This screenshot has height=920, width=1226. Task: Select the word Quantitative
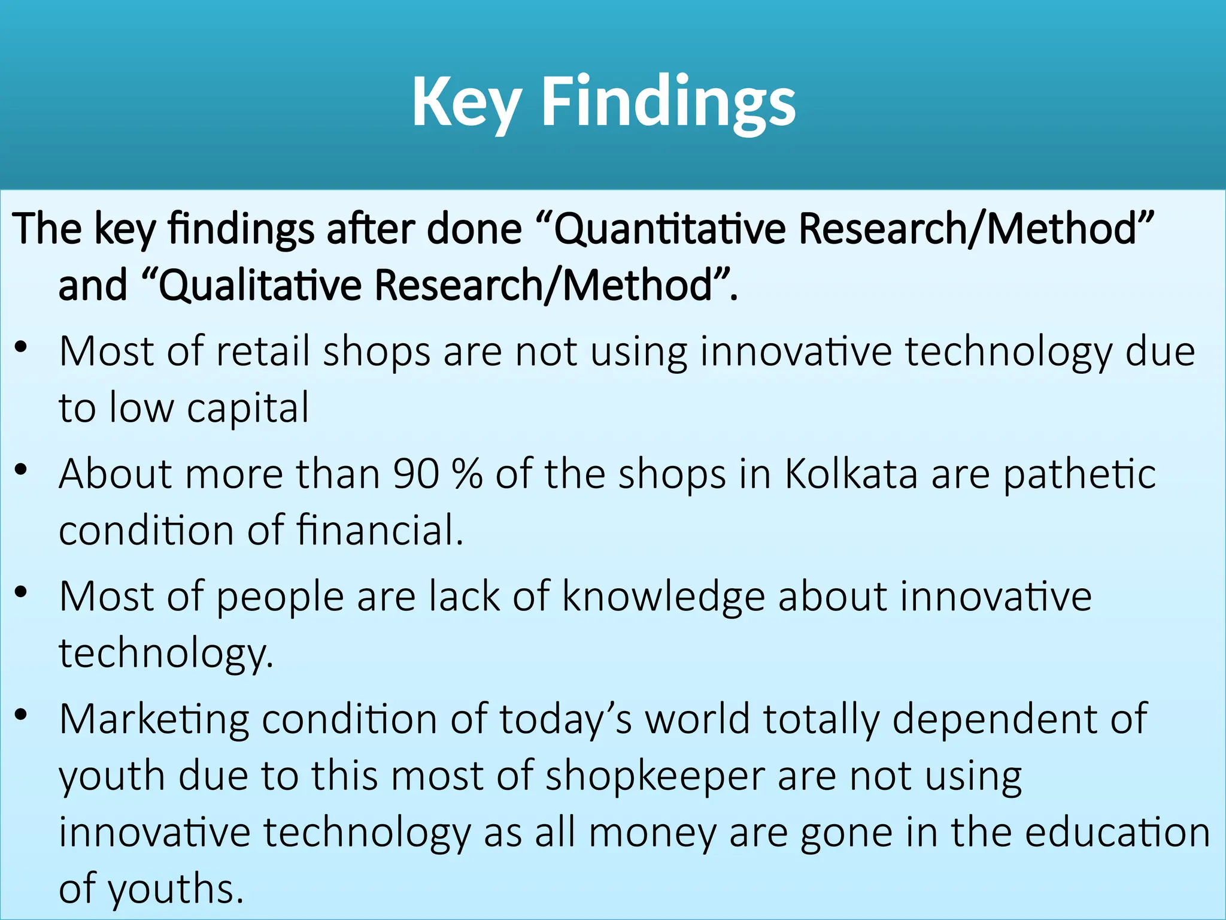coord(669,229)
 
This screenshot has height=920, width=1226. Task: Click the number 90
coord(415,474)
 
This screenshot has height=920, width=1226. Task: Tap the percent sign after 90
coord(468,474)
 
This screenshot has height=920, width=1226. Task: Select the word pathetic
coord(1079,475)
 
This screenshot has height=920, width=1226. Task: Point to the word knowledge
coord(663,597)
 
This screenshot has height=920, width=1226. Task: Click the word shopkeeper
coord(655,777)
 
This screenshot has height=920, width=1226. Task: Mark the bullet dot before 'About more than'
coord(22,470)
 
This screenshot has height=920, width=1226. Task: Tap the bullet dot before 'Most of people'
coord(22,592)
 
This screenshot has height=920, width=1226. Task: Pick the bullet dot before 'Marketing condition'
coord(22,715)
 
